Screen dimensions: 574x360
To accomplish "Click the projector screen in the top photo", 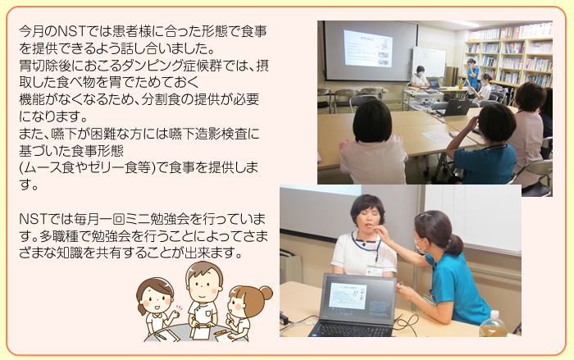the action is pos(371,50).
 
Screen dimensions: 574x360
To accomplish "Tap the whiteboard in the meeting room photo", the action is pos(429,62).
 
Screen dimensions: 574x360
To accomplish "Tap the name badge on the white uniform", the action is pos(374,271).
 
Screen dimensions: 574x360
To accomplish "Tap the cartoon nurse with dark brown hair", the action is pos(157,308).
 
